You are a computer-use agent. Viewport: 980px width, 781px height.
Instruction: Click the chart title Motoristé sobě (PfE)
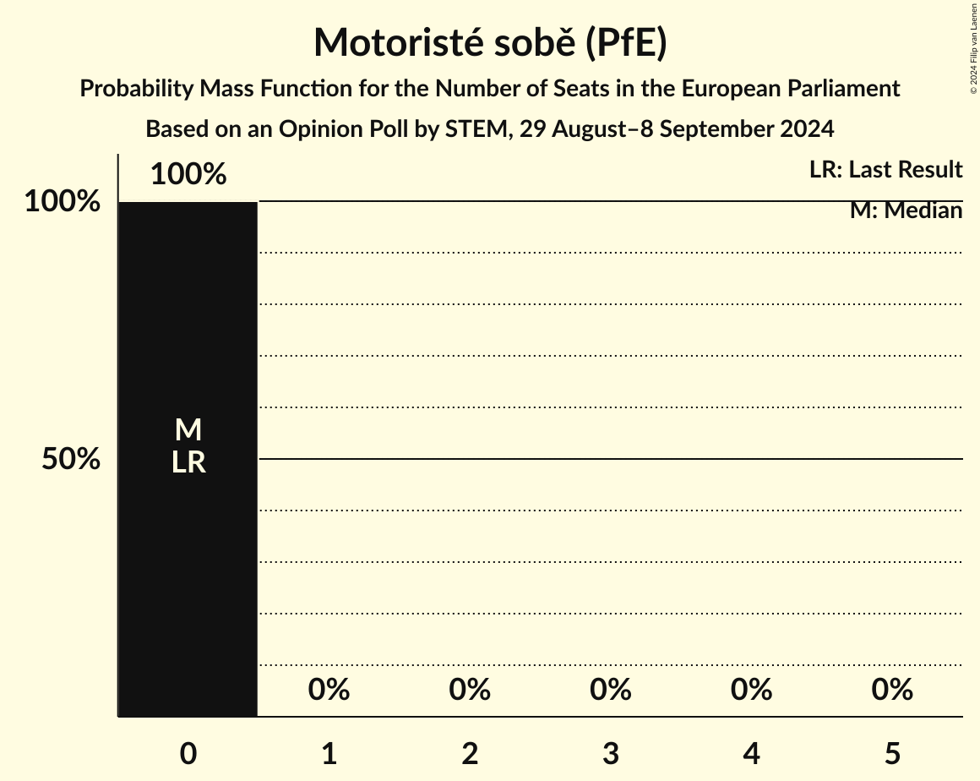click(x=490, y=43)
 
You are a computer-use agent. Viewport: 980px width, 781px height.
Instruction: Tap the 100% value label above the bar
click(x=188, y=175)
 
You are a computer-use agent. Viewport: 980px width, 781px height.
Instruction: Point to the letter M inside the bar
click(x=188, y=431)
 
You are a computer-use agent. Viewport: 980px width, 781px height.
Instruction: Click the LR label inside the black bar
click(x=188, y=462)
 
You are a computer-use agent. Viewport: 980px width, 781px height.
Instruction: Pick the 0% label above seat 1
click(x=329, y=690)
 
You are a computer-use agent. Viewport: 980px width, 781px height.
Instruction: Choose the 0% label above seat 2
click(x=470, y=690)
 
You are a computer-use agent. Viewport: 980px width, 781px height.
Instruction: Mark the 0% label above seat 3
click(x=611, y=690)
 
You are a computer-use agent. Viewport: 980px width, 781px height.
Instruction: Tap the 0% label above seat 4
click(x=751, y=690)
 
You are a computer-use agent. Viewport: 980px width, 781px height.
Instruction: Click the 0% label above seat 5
click(x=892, y=690)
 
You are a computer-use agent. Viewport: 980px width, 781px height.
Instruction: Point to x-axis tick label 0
click(x=188, y=753)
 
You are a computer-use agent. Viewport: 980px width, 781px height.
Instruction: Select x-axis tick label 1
click(x=329, y=753)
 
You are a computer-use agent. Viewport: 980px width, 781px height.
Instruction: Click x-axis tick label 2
click(x=470, y=753)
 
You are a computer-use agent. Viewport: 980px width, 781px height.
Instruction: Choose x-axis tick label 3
click(x=611, y=753)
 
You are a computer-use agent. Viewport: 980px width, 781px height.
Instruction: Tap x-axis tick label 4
click(x=751, y=753)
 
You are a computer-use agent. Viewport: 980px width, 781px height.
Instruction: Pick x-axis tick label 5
click(x=892, y=753)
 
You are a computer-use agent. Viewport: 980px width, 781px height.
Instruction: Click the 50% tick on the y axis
click(x=71, y=460)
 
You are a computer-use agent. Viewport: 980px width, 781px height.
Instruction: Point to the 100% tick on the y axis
click(x=62, y=202)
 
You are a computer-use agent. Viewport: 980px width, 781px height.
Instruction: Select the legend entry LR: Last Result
click(x=885, y=170)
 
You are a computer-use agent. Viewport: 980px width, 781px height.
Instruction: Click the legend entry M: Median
click(x=906, y=210)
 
